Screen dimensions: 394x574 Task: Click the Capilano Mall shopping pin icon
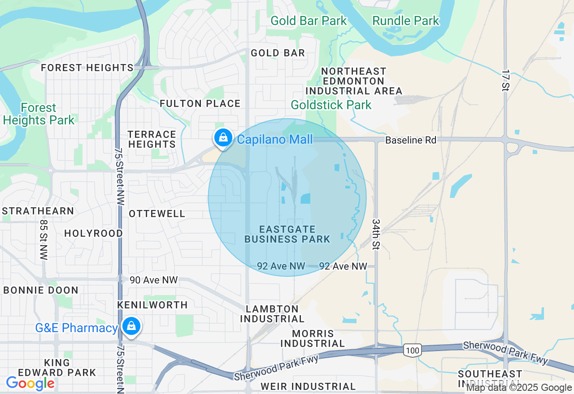tap(223, 138)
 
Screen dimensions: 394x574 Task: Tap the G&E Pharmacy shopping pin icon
tap(130, 326)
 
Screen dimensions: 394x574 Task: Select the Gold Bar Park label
tap(309, 21)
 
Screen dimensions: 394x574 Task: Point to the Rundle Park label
tap(406, 21)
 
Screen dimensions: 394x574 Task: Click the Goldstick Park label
tap(331, 105)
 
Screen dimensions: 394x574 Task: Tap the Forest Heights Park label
tap(39, 114)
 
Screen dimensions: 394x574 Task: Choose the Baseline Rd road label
tap(411, 140)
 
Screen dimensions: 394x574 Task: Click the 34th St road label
tap(376, 235)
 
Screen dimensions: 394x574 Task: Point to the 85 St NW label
tap(43, 239)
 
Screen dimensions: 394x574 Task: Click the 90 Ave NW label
tap(154, 280)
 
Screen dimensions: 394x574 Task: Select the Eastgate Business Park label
tap(287, 234)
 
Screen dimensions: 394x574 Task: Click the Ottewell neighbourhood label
tap(157, 214)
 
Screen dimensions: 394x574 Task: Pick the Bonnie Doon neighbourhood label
tap(41, 290)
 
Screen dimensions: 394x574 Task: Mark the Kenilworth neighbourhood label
tap(152, 305)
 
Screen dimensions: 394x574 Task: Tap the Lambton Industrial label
tap(272, 314)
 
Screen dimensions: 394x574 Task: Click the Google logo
tap(30, 383)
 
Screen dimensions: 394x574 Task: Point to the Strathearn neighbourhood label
tap(38, 211)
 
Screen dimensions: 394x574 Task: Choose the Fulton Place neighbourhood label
tap(200, 103)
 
